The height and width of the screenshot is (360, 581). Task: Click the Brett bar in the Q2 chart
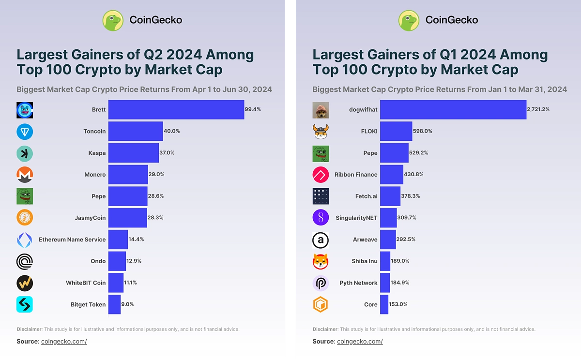tap(176, 109)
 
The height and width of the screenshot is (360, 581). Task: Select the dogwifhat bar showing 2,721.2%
tap(453, 109)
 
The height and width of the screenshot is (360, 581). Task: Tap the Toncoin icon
tap(25, 131)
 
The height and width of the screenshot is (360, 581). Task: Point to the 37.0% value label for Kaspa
tap(167, 152)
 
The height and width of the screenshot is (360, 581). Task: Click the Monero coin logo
tap(25, 174)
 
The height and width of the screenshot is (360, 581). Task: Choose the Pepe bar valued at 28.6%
tap(128, 196)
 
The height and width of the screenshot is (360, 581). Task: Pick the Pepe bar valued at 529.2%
tap(394, 152)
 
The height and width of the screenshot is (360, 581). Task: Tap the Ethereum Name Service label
tap(72, 240)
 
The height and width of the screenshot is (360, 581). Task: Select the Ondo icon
tap(25, 261)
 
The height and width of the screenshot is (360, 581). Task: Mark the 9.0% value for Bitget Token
tap(127, 304)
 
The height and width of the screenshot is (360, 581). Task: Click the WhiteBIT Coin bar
tap(116, 283)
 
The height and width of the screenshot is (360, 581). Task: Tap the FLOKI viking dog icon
tap(321, 131)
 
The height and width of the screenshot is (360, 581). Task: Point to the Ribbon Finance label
tap(356, 174)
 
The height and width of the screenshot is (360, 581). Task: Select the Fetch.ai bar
tap(390, 196)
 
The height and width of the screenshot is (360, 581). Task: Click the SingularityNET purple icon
tap(321, 218)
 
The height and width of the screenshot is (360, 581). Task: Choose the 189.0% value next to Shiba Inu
tap(400, 261)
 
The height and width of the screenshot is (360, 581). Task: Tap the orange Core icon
tap(321, 304)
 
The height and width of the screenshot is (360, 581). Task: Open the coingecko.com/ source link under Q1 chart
tap(360, 342)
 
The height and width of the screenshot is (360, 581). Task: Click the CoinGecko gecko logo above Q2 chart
tap(113, 20)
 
